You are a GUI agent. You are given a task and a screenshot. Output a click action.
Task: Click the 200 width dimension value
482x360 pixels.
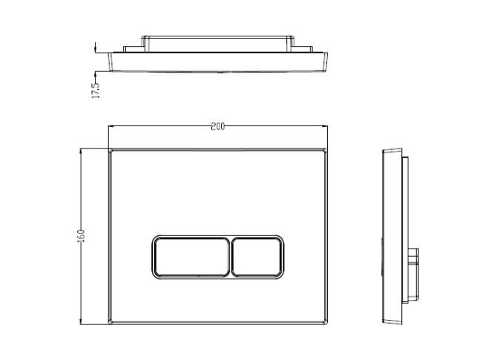pyautogui.click(x=217, y=127)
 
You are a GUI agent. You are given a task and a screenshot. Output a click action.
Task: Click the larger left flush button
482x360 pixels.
pyautogui.click(x=191, y=256)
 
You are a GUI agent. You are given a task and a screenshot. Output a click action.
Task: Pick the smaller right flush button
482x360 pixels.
pyautogui.click(x=257, y=256)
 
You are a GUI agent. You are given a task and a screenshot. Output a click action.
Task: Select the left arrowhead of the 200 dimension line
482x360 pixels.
pyautogui.click(x=111, y=127)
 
